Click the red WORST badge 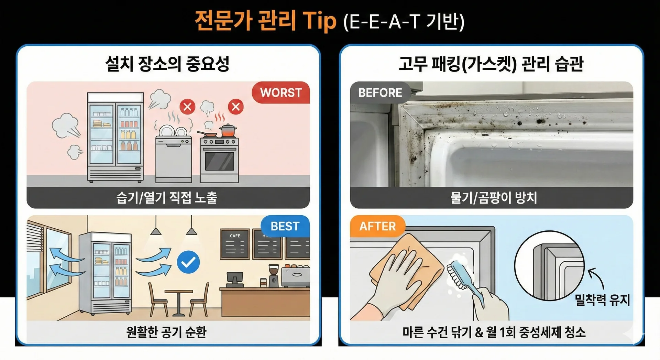(280, 92)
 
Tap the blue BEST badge (285, 226)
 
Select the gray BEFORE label (380, 92)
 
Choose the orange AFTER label (378, 226)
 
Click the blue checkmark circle (188, 262)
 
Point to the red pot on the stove (228, 130)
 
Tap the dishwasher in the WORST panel (174, 159)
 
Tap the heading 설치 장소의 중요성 (167, 64)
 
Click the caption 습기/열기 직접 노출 (167, 198)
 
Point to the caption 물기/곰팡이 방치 (494, 198)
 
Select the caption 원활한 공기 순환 (166, 332)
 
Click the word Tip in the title (319, 21)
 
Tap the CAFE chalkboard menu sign (235, 244)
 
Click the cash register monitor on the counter (235, 278)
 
